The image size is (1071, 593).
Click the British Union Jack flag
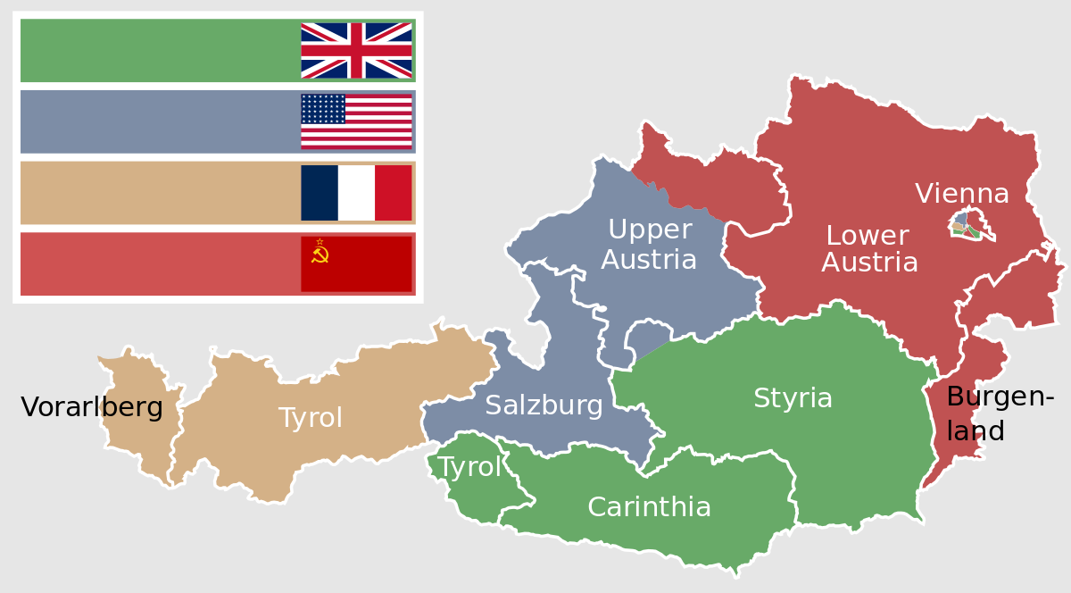356,50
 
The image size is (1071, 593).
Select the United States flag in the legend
356,121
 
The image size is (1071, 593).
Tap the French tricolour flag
356,193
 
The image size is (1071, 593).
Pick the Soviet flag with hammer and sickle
356,263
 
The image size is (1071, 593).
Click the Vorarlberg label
92,408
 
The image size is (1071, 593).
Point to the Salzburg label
544,406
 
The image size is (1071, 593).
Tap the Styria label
793,398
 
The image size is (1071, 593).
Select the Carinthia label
649,507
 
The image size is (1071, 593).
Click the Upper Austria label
649,245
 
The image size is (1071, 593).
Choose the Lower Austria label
869,249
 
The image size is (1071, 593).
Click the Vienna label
961,194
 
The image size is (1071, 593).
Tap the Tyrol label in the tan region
310,418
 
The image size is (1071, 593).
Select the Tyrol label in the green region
469,467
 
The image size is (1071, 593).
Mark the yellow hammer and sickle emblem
320,255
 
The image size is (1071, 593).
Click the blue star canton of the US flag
323,109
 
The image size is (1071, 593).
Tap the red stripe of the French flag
393,193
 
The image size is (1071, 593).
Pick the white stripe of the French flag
356,193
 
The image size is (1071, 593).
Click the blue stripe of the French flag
320,193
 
